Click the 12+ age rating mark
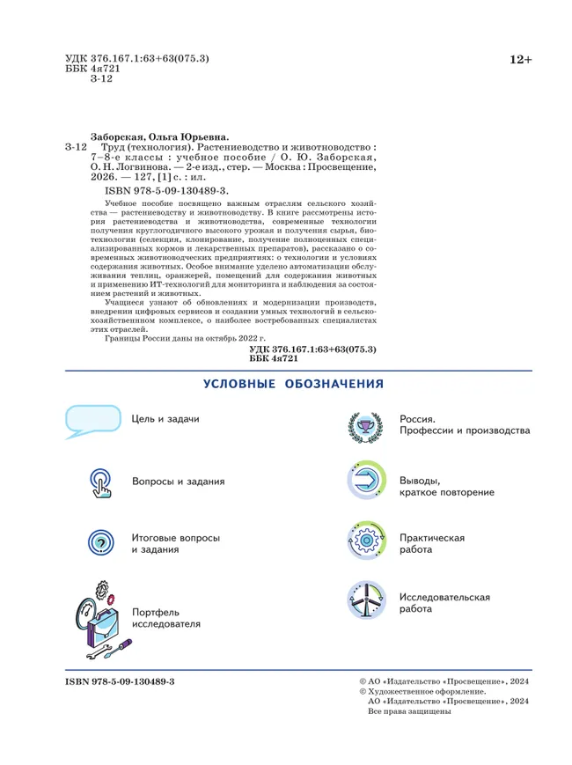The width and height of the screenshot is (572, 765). [520, 60]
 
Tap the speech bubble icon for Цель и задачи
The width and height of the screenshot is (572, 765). [92, 421]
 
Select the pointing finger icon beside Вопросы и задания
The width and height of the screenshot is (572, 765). [101, 482]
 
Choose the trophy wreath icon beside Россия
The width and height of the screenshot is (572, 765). [365, 427]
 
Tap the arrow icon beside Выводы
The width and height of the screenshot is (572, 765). [365, 482]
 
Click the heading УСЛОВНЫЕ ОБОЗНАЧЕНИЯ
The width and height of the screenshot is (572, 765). [293, 384]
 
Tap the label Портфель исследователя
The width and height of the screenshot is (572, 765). [166, 618]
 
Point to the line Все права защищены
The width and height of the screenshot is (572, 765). [408, 711]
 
